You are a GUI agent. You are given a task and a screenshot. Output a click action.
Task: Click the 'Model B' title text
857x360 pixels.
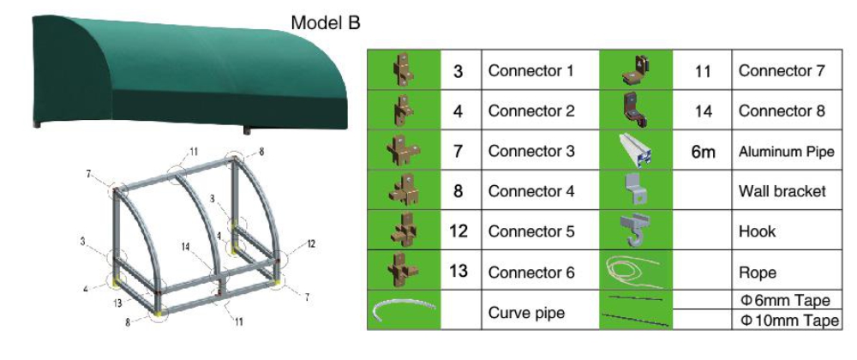click(x=325, y=23)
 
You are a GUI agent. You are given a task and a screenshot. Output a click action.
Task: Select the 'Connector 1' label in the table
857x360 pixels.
click(x=530, y=70)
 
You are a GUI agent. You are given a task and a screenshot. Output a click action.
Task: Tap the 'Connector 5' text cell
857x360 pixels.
click(x=530, y=231)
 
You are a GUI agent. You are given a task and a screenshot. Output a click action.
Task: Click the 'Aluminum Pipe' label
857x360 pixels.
click(x=786, y=152)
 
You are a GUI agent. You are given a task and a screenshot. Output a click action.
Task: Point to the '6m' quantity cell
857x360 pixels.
click(x=703, y=152)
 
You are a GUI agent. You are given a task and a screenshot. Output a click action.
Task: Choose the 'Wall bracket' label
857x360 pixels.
click(x=782, y=191)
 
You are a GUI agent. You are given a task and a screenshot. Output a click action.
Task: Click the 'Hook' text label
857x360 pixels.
click(x=757, y=231)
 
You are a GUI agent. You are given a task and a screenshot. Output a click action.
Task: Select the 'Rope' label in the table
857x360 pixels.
click(x=758, y=273)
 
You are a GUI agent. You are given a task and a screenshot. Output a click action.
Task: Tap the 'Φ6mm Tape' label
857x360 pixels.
click(x=785, y=300)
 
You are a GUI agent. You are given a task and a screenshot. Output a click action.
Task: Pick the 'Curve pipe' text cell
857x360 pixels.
click(x=526, y=313)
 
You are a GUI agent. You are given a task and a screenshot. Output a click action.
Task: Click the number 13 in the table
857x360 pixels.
click(x=458, y=272)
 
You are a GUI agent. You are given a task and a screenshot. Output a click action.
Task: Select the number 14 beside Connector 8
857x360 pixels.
click(x=703, y=111)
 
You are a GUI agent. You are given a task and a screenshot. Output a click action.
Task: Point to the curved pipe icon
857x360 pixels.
click(x=403, y=311)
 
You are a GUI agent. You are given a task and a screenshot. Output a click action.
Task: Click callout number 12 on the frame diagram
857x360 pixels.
click(x=310, y=243)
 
